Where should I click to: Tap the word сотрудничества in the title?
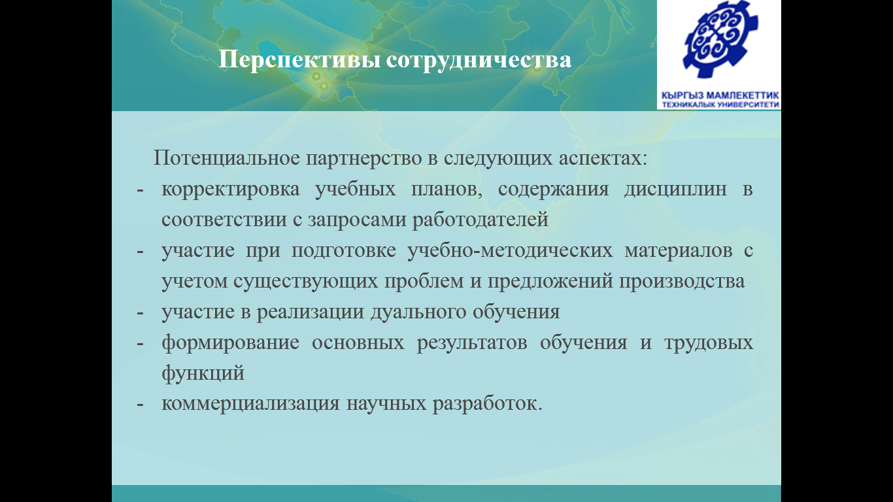click(x=479, y=61)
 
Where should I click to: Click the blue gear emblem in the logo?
click(x=721, y=39)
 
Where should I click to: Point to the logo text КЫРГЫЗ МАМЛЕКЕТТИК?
click(x=720, y=95)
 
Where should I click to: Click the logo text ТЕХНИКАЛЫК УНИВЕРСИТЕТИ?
click(x=720, y=105)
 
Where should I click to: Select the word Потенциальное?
click(x=226, y=158)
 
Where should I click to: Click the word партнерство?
click(x=364, y=159)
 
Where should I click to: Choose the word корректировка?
click(x=230, y=190)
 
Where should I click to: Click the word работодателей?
click(x=480, y=220)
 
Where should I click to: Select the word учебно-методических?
click(x=509, y=251)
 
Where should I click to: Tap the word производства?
click(x=682, y=282)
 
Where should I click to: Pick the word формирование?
click(x=230, y=343)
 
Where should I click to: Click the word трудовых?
click(x=709, y=343)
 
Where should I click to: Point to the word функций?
click(x=203, y=374)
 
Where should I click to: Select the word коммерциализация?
click(x=250, y=404)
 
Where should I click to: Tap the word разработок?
click(x=488, y=404)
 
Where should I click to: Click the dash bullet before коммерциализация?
click(x=140, y=405)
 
